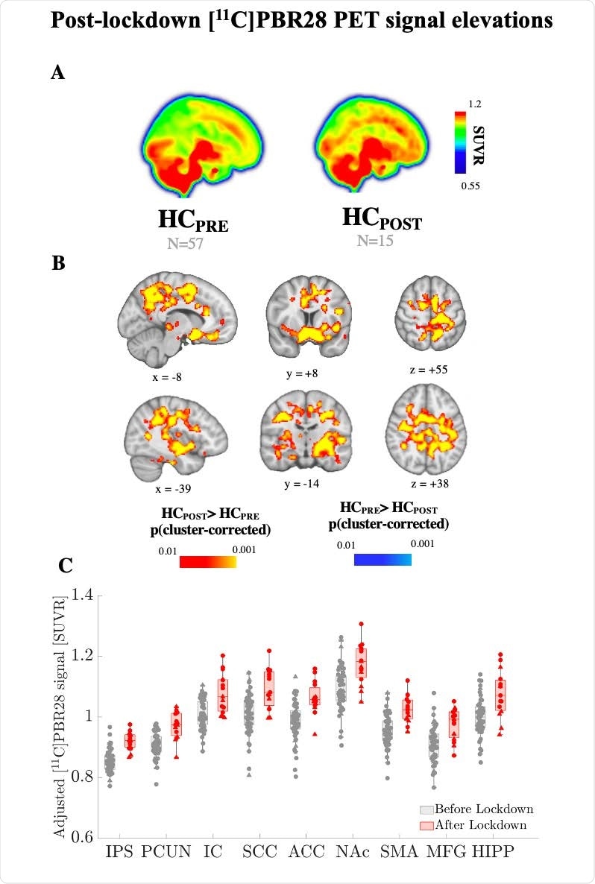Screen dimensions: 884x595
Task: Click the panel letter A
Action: point(57,72)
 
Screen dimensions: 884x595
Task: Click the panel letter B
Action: point(57,262)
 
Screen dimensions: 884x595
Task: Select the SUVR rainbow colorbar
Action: point(461,142)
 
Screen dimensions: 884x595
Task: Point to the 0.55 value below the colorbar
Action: point(468,186)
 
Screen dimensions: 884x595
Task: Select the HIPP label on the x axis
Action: point(492,851)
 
